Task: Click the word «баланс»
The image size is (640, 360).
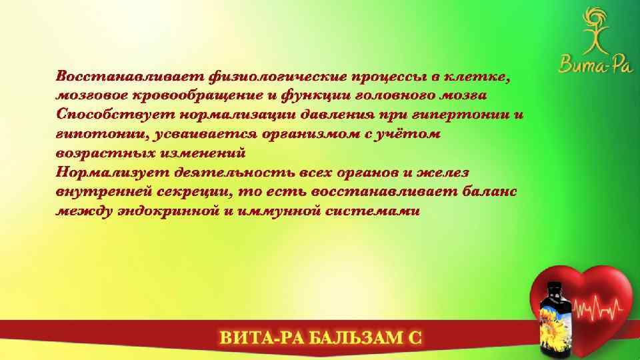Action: click(x=485, y=191)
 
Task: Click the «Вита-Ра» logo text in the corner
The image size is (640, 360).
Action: click(x=585, y=64)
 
